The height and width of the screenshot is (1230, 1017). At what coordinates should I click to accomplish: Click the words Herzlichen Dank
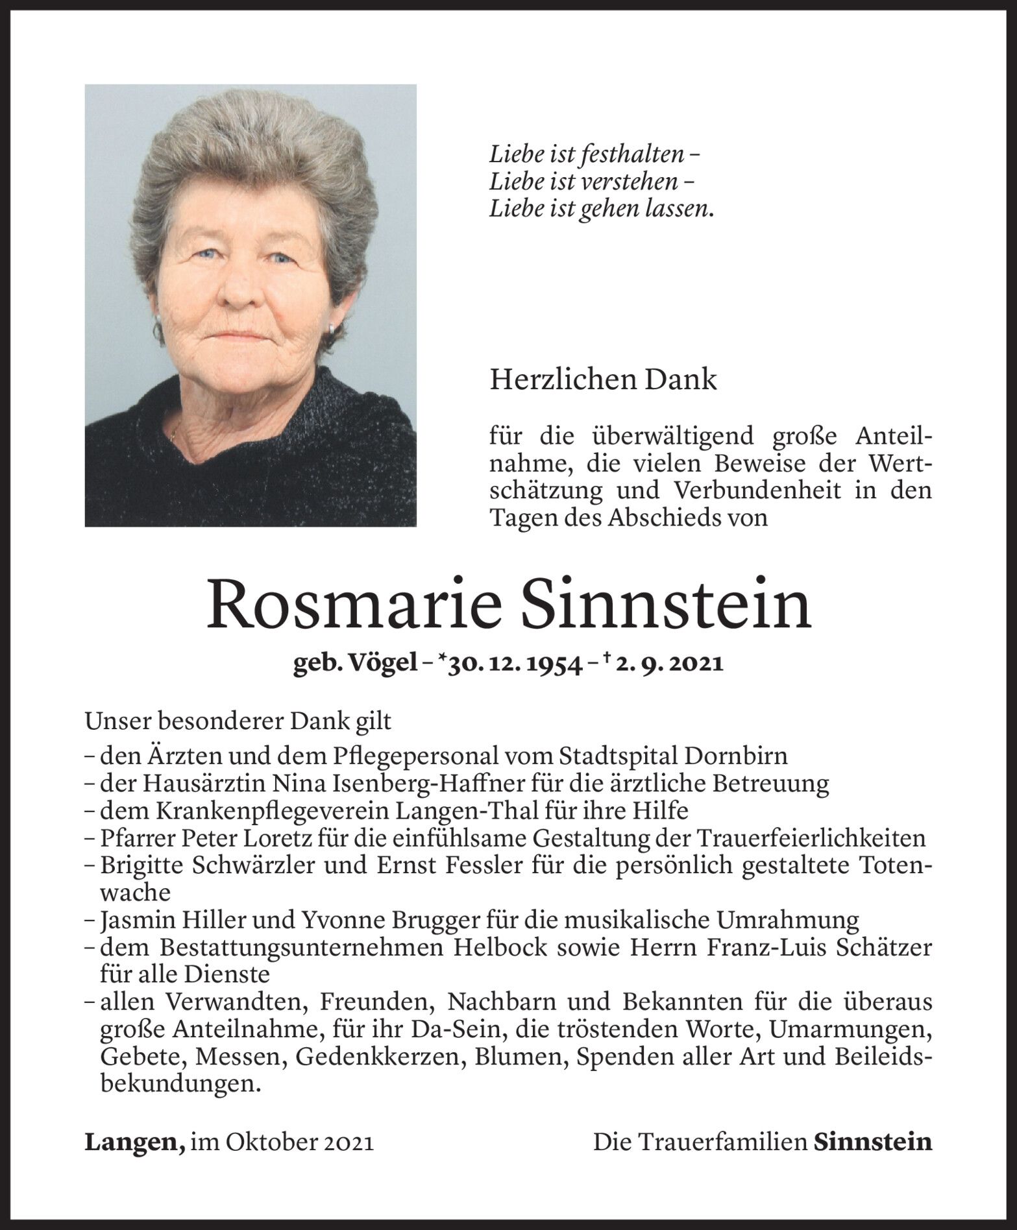(x=603, y=380)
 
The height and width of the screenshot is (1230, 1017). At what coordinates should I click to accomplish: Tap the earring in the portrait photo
(x=332, y=329)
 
